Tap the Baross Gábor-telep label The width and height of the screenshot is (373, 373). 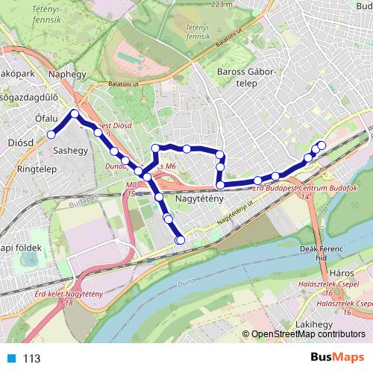point(245,78)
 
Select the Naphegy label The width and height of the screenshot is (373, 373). point(66,75)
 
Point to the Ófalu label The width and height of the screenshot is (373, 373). point(46,118)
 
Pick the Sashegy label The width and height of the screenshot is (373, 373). point(71,150)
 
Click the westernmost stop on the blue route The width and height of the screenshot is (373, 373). point(51,134)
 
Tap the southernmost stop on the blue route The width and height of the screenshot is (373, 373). point(180,239)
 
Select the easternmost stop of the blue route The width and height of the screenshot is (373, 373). point(322,145)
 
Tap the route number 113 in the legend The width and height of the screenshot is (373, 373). point(32,358)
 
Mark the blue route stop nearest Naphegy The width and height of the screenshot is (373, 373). point(75,114)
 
